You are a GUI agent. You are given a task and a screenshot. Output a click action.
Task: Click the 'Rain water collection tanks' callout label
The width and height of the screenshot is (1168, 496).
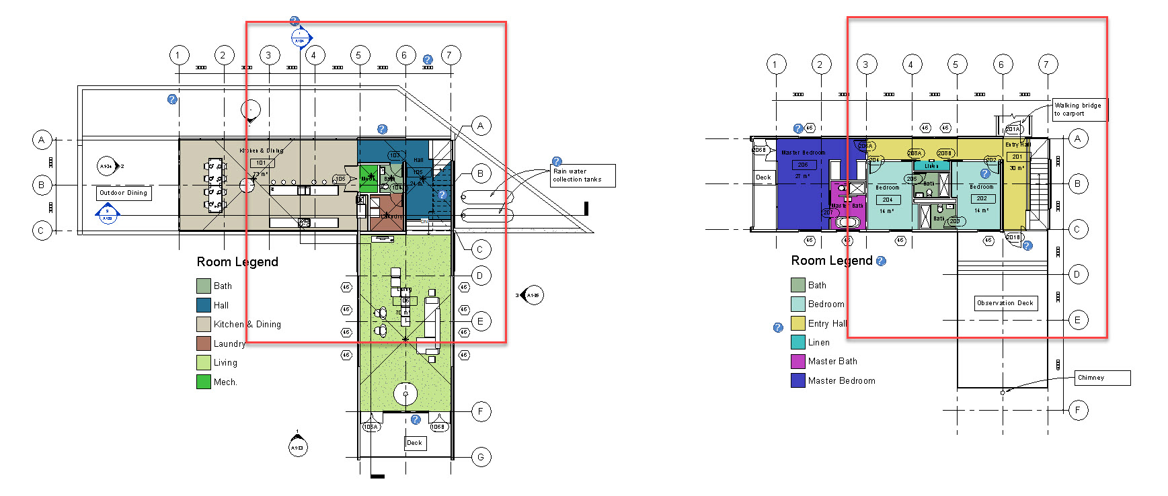click(x=583, y=175)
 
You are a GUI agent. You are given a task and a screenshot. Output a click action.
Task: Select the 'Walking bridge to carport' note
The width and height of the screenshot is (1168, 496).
click(x=1079, y=110)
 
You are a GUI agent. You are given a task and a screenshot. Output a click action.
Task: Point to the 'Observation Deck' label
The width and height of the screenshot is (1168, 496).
click(x=1005, y=303)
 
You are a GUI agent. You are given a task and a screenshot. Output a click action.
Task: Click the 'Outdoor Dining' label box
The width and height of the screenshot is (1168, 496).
click(x=124, y=193)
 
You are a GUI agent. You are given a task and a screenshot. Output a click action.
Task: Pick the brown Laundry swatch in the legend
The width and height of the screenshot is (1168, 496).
click(x=204, y=343)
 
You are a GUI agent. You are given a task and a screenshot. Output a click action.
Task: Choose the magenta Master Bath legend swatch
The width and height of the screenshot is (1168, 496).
click(x=798, y=362)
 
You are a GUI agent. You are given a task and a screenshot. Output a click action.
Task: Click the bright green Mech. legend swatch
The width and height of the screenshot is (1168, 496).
click(x=204, y=382)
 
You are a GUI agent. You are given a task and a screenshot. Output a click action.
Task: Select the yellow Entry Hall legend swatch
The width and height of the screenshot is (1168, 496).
click(x=798, y=323)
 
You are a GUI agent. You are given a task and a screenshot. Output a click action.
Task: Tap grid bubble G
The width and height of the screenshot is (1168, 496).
click(x=481, y=458)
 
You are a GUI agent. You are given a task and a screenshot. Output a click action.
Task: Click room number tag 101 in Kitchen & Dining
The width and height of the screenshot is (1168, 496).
click(x=262, y=163)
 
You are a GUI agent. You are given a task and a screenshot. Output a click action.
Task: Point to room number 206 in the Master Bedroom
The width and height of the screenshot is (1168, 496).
click(x=803, y=165)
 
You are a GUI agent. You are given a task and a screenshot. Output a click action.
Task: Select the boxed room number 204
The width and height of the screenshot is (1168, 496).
click(x=888, y=200)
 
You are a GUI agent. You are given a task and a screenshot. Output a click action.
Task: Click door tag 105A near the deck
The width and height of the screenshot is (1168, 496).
click(x=371, y=427)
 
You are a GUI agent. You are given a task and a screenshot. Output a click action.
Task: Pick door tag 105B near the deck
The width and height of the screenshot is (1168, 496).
click(x=438, y=427)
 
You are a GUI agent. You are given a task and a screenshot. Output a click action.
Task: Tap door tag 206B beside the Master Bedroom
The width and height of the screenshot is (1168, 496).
click(x=759, y=150)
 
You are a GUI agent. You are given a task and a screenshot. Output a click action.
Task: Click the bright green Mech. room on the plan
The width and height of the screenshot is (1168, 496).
click(x=368, y=178)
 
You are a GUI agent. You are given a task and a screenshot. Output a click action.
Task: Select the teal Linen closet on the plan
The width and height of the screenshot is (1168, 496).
click(x=931, y=166)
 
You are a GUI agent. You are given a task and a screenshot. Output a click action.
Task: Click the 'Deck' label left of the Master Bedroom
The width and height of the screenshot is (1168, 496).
click(x=763, y=177)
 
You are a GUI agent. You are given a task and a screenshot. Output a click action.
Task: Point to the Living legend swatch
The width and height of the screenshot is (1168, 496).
click(x=204, y=363)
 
